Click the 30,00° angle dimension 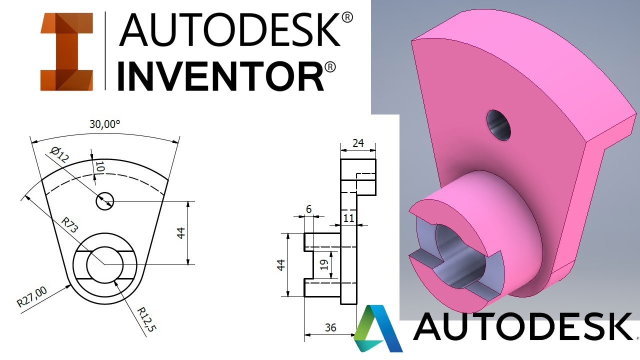click(x=104, y=124)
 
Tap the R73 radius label click(x=70, y=226)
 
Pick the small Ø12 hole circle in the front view click(x=105, y=201)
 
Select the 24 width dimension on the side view click(x=358, y=143)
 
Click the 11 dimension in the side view click(x=349, y=217)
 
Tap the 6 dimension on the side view click(x=308, y=209)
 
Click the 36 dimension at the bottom click(x=330, y=328)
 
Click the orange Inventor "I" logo click(x=66, y=52)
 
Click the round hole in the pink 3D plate click(x=498, y=124)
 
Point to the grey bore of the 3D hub click(x=460, y=255)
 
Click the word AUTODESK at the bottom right click(x=522, y=326)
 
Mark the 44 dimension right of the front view click(x=181, y=232)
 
